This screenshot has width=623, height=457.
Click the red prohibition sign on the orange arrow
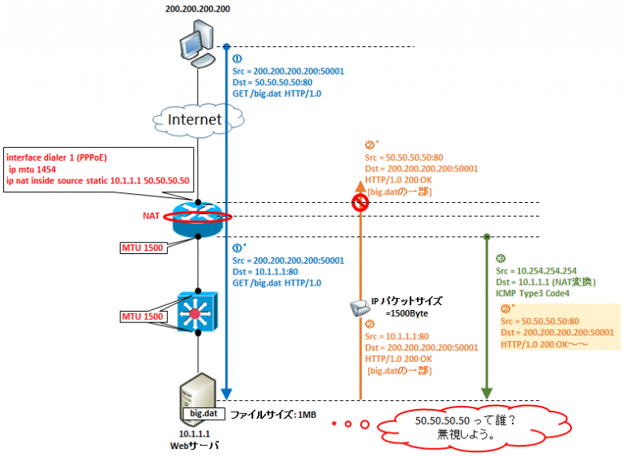click(x=360, y=203)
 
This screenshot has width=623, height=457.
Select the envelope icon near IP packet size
click(x=358, y=308)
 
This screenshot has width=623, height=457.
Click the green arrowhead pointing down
click(x=486, y=393)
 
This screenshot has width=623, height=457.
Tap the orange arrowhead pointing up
click(x=360, y=188)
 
